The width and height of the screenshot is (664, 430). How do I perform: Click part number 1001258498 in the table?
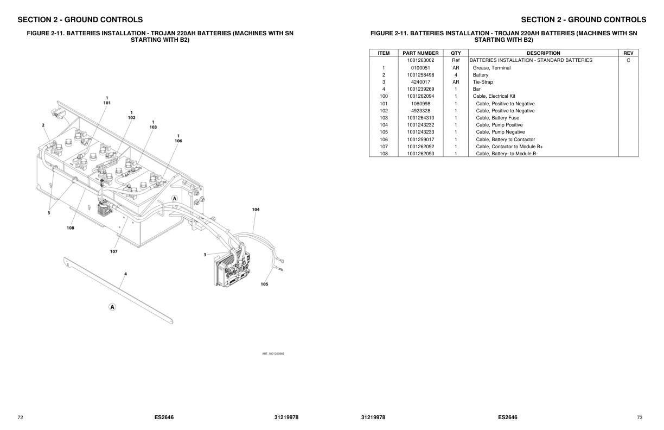[420, 75]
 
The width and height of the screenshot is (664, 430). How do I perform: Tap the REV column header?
[628, 53]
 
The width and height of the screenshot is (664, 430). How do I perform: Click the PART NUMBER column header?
[420, 53]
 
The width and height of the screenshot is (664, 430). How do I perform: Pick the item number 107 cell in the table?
[384, 147]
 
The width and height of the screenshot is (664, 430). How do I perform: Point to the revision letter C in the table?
[628, 60]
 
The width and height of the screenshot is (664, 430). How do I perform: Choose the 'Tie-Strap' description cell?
[483, 82]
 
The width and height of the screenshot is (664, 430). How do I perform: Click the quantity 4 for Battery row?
[456, 75]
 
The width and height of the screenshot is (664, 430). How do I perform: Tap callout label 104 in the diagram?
[256, 209]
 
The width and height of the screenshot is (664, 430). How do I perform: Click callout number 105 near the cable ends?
[264, 284]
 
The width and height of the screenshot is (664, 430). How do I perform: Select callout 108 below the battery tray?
[71, 228]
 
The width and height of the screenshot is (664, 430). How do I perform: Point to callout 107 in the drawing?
[113, 251]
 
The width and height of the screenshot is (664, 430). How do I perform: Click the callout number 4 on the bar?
[125, 274]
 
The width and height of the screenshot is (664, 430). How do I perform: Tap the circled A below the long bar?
[112, 307]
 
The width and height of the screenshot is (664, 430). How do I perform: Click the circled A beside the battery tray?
[175, 199]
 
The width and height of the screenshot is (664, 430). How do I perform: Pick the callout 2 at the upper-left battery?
[43, 125]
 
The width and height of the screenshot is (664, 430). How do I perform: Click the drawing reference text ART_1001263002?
[273, 353]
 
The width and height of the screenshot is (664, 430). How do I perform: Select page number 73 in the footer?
[639, 418]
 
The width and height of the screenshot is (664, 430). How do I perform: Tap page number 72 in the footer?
[20, 418]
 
